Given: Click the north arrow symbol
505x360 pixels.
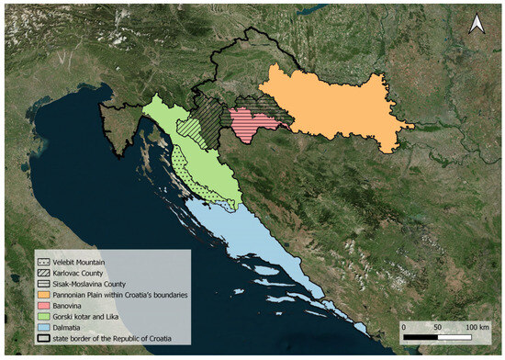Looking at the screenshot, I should pos(476,26).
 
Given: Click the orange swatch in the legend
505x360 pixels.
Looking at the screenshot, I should pos(43,295).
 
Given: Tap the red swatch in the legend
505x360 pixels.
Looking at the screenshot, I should pos(43,305).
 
